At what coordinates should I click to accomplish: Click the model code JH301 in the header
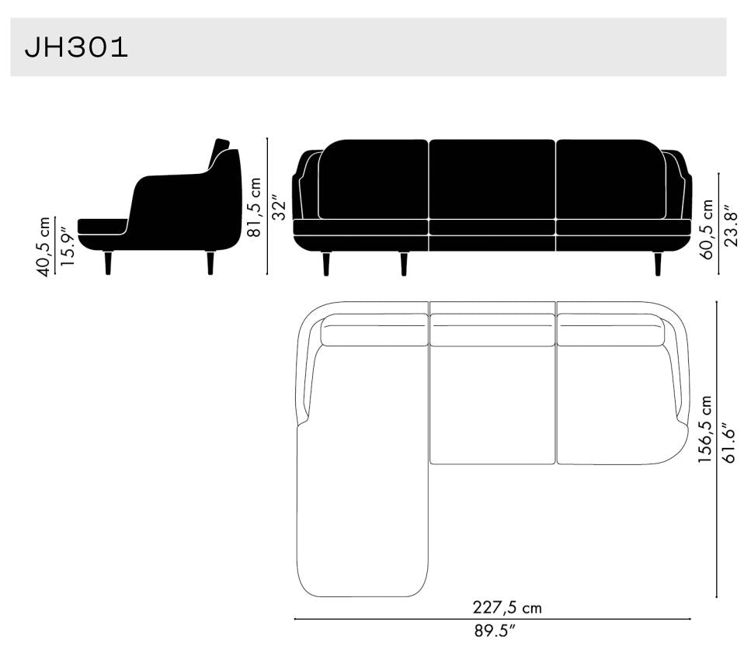coord(76,48)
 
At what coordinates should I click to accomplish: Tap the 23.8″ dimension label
coord(729,226)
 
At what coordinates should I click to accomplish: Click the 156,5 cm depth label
coord(705,429)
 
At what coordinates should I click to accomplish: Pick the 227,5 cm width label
coord(507,607)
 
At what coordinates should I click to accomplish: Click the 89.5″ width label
coord(495,631)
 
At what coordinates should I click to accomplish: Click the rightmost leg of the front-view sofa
coord(658,264)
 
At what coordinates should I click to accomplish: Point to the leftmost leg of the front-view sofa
coord(326,264)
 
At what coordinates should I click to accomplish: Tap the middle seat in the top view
coord(492,404)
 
